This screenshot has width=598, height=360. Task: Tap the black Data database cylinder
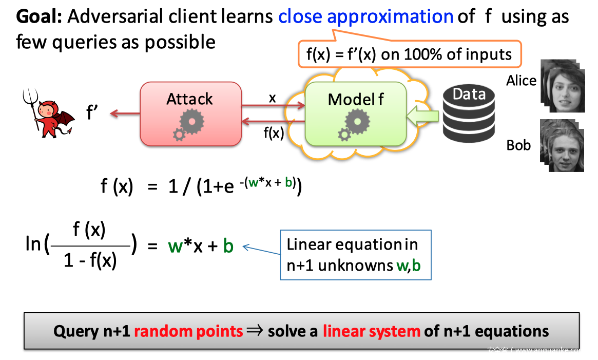[x=468, y=114]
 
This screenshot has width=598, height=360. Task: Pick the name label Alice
[x=521, y=81]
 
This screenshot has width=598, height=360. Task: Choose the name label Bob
[x=518, y=145]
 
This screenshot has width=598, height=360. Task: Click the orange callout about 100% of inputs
[x=409, y=54]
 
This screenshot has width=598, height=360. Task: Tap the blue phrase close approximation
[x=365, y=16]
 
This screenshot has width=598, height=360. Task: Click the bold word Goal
[x=39, y=16]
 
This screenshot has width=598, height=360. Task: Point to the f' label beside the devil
[x=92, y=112]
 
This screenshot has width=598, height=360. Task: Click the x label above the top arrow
[x=273, y=98]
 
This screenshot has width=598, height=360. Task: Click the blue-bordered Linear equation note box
[x=355, y=255]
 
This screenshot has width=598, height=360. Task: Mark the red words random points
[x=188, y=330]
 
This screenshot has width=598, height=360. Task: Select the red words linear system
[x=371, y=330]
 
